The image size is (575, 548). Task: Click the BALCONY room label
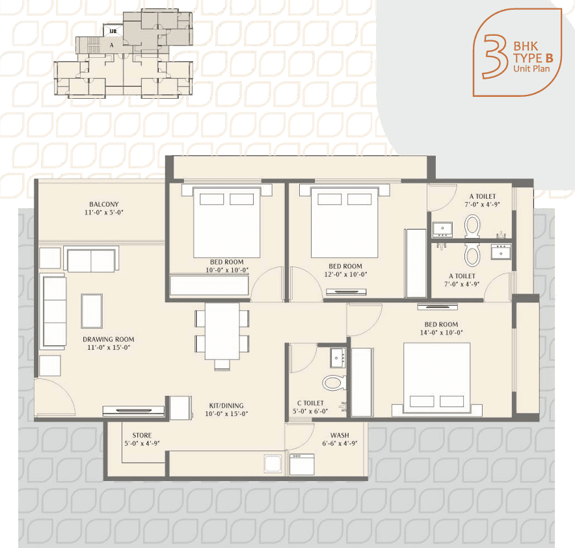[x=104, y=204]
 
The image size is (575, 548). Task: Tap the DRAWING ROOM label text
[x=108, y=339]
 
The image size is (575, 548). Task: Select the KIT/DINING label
[x=226, y=406]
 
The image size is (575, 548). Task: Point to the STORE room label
[x=142, y=436]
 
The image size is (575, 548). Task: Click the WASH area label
[x=340, y=436]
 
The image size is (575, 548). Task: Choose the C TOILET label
[x=311, y=403]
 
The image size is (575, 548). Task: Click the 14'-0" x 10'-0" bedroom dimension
[x=442, y=332]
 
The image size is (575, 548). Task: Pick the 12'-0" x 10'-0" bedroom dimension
[x=345, y=274]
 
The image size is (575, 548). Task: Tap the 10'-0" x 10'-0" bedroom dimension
[x=227, y=270]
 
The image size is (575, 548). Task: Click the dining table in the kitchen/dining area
[x=222, y=332]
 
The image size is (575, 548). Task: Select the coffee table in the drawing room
[x=92, y=311]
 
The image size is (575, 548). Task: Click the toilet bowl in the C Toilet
[x=334, y=383]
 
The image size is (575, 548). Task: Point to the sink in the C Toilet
[x=338, y=358]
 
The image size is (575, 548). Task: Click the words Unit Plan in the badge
[x=531, y=68]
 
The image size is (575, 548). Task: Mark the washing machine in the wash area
[x=302, y=464]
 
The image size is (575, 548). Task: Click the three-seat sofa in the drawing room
[x=54, y=311]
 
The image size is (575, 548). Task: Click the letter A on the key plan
[x=112, y=46]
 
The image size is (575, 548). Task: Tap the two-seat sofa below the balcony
[x=91, y=259]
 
